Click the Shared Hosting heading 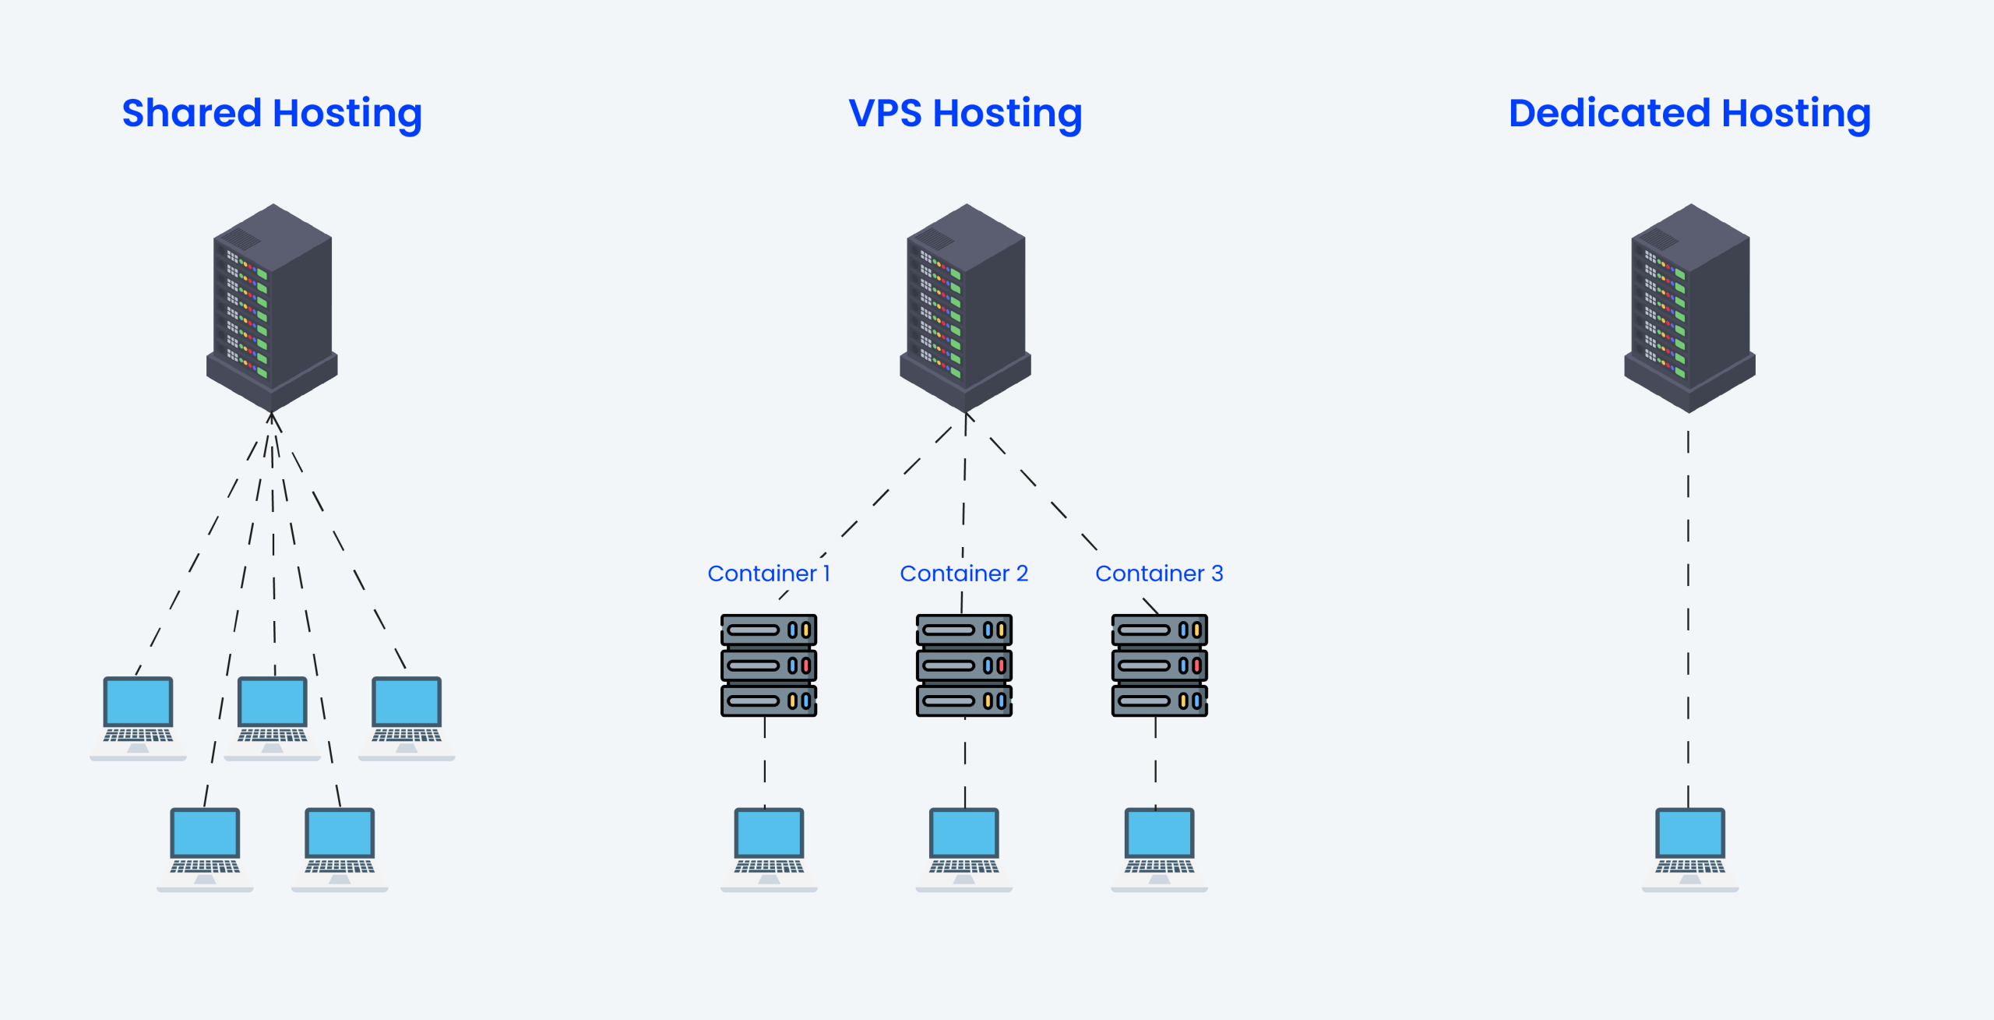[x=272, y=114]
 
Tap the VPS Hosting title [x=965, y=114]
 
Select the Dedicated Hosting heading [x=1689, y=114]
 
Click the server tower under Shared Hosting [x=272, y=308]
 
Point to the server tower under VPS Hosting [x=965, y=308]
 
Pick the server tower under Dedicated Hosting [x=1689, y=308]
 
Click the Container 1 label [x=768, y=574]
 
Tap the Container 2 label [x=964, y=574]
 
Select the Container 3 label [x=1159, y=574]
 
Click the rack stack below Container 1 [x=768, y=665]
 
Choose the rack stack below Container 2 [x=964, y=665]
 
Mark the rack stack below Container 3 [x=1159, y=665]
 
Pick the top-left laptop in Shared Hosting [x=138, y=717]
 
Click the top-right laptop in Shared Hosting [x=407, y=717]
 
